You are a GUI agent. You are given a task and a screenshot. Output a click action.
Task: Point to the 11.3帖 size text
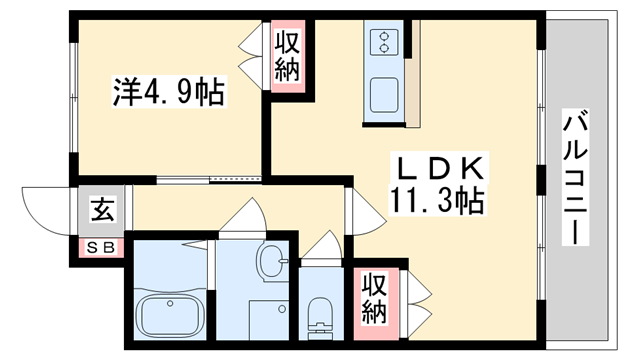[436, 201]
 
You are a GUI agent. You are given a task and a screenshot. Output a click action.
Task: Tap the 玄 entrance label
[102, 210]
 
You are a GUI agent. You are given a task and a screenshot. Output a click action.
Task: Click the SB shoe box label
[100, 246]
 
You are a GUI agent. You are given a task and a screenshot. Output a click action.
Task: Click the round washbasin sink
[270, 265]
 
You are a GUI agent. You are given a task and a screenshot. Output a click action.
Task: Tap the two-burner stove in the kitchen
[384, 43]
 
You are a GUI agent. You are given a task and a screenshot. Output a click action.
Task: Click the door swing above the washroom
[237, 214]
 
